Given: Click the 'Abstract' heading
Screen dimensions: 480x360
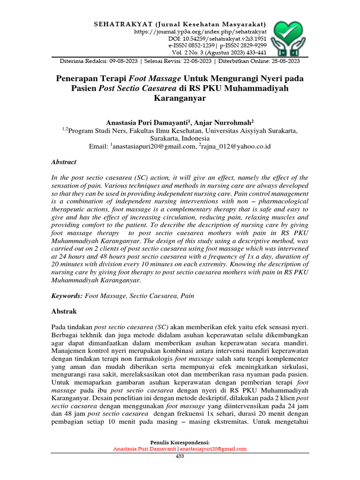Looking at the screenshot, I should tap(63, 162).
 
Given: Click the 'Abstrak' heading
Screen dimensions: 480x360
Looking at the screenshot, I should tap(63, 311).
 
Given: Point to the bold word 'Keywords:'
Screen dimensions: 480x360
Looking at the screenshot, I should tap(67, 296).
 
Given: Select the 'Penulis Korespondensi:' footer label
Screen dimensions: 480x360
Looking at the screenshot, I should tap(180, 442).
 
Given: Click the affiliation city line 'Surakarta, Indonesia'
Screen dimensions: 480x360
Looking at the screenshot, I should tap(180, 139).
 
